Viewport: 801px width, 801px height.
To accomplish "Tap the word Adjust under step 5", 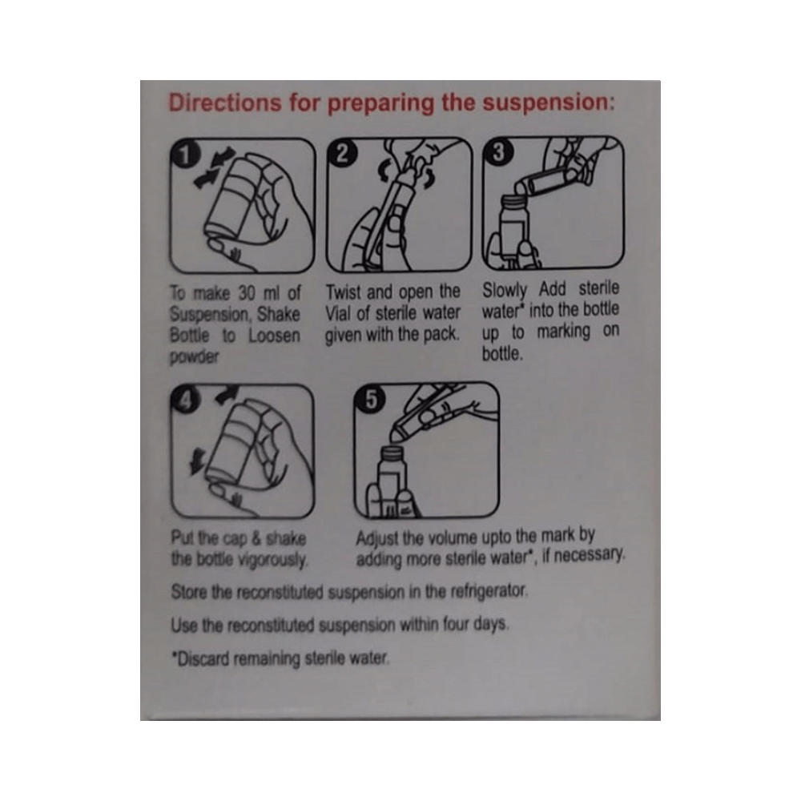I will (x=378, y=536).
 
